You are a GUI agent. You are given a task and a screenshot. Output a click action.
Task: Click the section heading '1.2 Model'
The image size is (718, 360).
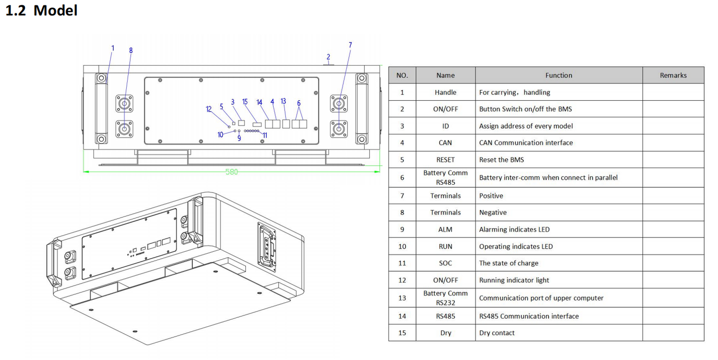(x=41, y=10)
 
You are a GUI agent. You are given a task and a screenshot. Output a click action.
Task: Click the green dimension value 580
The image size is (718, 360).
(x=232, y=172)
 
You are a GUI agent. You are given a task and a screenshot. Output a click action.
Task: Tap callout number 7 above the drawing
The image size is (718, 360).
(x=350, y=45)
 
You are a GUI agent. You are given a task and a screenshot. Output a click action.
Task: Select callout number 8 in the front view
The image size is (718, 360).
(x=131, y=51)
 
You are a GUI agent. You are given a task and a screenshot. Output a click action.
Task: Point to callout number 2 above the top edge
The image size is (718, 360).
(x=328, y=57)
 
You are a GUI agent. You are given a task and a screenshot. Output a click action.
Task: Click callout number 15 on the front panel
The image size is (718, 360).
(x=245, y=102)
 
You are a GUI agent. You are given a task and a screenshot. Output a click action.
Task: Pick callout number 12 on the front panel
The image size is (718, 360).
(x=209, y=109)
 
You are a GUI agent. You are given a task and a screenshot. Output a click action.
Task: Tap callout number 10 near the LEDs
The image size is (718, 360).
(x=220, y=135)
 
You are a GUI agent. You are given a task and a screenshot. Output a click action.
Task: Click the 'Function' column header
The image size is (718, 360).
(x=558, y=75)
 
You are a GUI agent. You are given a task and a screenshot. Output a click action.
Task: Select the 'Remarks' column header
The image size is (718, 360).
(x=673, y=75)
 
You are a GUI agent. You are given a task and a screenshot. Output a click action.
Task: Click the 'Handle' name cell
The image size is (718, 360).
(x=446, y=92)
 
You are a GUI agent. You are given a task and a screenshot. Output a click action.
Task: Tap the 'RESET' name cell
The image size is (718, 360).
(x=446, y=159)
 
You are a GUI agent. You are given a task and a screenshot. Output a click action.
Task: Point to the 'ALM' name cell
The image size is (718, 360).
(x=446, y=229)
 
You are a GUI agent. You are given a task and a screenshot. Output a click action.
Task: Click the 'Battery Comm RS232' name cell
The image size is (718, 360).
(x=446, y=298)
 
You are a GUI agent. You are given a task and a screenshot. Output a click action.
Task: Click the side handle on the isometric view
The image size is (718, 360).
(x=267, y=246)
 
